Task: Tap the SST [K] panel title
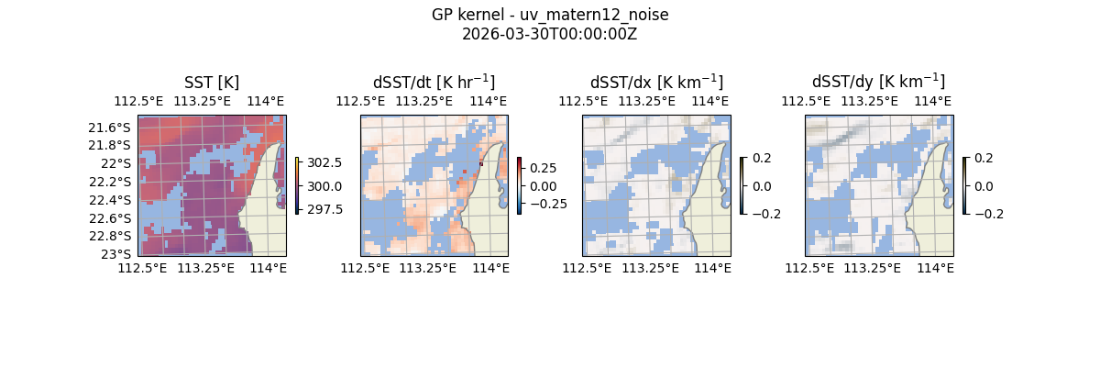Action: point(212,83)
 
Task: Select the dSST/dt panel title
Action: point(434,83)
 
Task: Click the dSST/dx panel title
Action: point(656,83)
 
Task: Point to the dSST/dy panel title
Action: point(878,83)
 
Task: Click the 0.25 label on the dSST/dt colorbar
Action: point(543,169)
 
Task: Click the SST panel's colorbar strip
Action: point(297,185)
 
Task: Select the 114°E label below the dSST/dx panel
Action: point(712,268)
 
